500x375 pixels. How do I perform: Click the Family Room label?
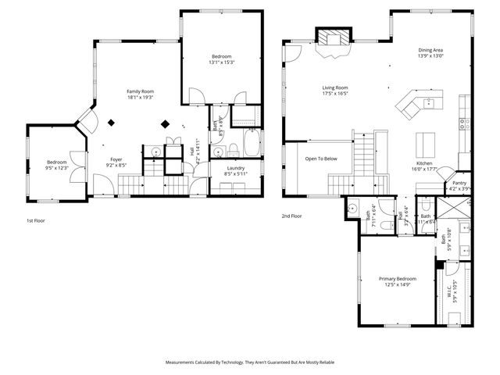[140, 91]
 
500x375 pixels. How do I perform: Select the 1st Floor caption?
[36, 221]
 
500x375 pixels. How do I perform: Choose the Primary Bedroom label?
[398, 279]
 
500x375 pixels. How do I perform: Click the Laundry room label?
[236, 168]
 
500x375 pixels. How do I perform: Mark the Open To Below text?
[321, 159]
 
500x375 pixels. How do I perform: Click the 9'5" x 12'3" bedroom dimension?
[58, 168]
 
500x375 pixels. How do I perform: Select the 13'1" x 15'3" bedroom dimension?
[222, 62]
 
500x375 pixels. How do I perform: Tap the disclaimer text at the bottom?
[249, 362]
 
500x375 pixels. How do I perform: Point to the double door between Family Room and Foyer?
[84, 122]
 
